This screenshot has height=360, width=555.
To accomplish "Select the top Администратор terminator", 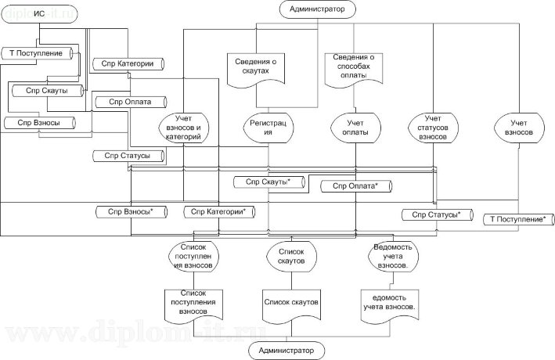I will click(x=317, y=9).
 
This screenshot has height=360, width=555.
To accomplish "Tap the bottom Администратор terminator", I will click(x=287, y=351).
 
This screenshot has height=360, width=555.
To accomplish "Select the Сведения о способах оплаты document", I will click(x=354, y=67).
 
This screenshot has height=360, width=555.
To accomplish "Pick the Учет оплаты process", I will click(x=355, y=128).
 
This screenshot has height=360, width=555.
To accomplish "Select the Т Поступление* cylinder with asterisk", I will click(x=517, y=220).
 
